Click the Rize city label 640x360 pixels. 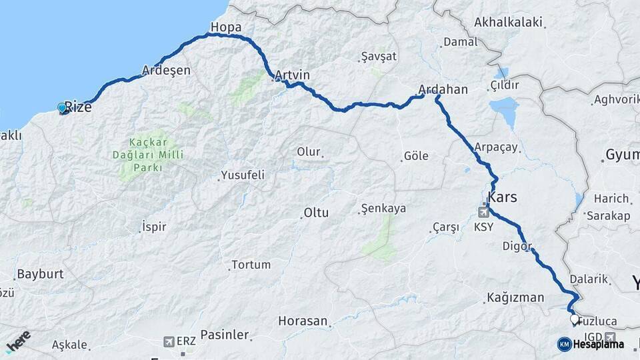point(78,107)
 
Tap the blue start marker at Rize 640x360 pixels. point(62,107)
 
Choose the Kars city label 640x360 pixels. point(503,197)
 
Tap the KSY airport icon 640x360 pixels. point(483,213)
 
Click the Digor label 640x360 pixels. point(516,246)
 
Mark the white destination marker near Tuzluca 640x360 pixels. point(575,320)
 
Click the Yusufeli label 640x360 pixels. point(242,175)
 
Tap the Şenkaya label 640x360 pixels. point(383,208)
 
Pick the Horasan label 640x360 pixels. point(303,321)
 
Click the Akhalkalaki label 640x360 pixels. point(507,22)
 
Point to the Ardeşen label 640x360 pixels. point(166,70)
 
